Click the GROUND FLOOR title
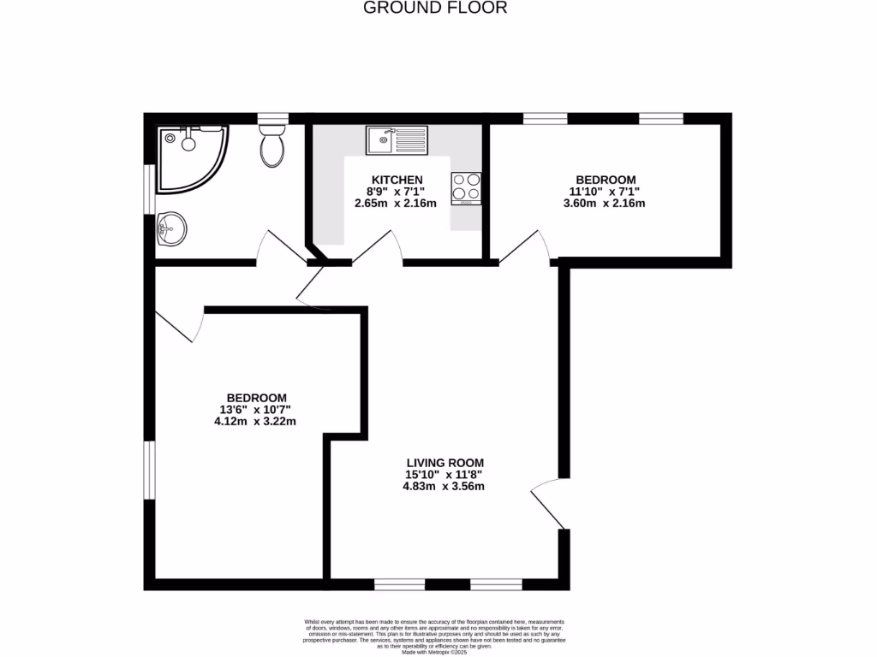coord(435,8)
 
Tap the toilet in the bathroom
coord(272,147)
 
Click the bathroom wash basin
coord(172,229)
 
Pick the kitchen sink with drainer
coord(397,139)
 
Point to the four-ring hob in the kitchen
coord(467,188)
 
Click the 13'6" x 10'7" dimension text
coord(256,409)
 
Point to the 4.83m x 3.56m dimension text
coord(444,487)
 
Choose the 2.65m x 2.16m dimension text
coord(396,204)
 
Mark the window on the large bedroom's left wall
coord(149,470)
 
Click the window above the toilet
coord(272,118)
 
